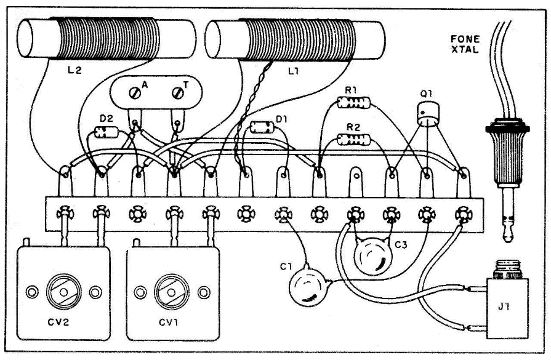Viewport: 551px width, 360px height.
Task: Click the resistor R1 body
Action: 353,103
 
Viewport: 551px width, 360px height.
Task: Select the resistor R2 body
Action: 353,140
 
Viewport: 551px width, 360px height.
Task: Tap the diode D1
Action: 262,127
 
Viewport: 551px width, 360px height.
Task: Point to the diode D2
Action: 107,132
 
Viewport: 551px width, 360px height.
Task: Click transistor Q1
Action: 428,113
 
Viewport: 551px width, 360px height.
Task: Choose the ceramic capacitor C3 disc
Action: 372,255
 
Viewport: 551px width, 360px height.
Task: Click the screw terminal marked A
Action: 135,93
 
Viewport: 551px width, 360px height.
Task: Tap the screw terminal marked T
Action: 178,93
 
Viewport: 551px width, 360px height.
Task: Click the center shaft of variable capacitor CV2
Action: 64,292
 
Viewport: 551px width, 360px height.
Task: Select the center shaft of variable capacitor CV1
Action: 172,292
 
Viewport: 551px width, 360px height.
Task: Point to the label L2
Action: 74,70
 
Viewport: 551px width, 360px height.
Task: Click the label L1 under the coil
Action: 294,71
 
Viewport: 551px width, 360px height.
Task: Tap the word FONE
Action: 465,39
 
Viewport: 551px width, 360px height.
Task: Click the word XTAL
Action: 465,49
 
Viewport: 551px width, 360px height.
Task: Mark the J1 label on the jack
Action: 504,306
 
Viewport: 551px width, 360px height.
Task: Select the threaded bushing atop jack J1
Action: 506,270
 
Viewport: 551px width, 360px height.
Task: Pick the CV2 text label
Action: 58,322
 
